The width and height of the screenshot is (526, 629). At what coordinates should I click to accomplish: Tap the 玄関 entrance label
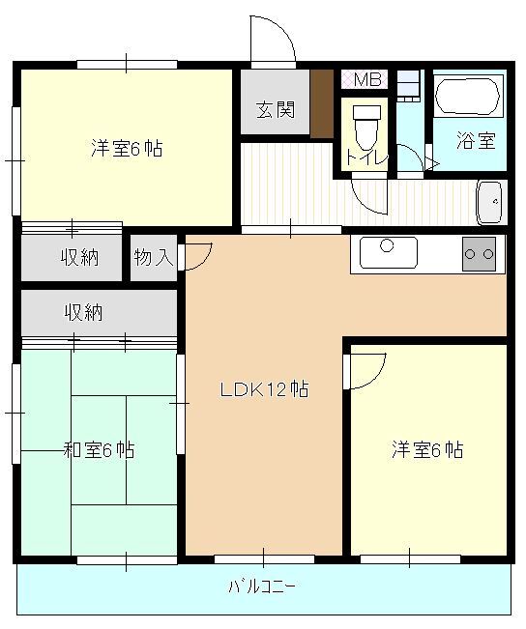(275, 109)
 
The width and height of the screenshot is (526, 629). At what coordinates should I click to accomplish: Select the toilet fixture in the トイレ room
(365, 123)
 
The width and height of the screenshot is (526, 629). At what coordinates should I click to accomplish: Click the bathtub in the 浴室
(467, 98)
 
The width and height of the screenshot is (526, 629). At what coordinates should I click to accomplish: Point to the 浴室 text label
(476, 140)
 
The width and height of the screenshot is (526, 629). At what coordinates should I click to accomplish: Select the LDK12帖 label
(264, 390)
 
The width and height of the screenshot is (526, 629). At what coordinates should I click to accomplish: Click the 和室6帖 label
(99, 450)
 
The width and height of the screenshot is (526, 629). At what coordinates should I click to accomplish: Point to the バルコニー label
(262, 586)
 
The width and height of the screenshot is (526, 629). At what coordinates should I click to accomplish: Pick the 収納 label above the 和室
(84, 312)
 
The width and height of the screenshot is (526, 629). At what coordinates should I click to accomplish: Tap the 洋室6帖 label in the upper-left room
(127, 149)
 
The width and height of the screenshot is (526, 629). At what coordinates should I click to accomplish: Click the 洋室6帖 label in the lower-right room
(426, 450)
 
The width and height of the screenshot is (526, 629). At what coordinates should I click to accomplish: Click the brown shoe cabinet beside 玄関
(321, 103)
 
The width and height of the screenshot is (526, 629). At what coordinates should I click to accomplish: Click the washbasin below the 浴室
(490, 202)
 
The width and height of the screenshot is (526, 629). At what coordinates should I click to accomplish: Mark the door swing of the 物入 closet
(196, 256)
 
